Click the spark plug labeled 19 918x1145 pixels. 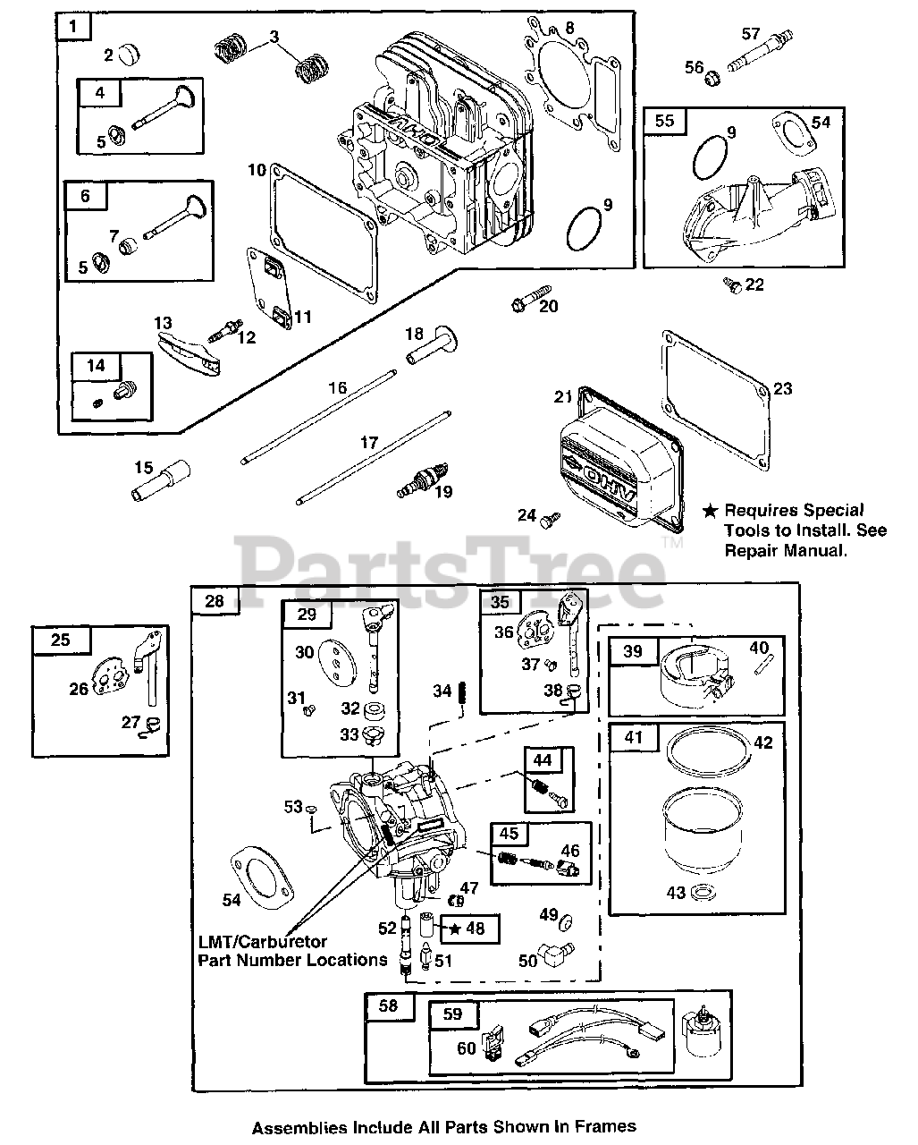[424, 480]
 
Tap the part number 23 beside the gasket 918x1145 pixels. [782, 389]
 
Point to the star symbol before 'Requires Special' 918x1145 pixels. [710, 512]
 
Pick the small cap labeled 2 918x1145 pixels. [128, 54]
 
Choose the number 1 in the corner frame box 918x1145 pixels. [73, 26]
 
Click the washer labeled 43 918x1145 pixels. [703, 892]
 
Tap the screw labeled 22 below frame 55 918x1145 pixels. [733, 285]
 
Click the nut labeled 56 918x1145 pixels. [712, 79]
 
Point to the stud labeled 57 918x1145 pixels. [760, 52]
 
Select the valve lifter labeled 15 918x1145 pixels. [161, 480]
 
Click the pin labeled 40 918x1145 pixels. [764, 665]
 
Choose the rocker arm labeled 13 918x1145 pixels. [189, 352]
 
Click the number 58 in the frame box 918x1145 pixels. [388, 1006]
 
